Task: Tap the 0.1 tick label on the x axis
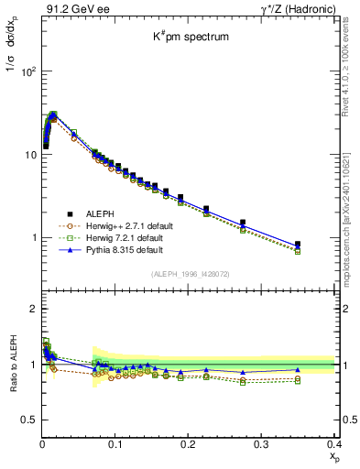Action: pyautogui.click(x=115, y=443)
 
